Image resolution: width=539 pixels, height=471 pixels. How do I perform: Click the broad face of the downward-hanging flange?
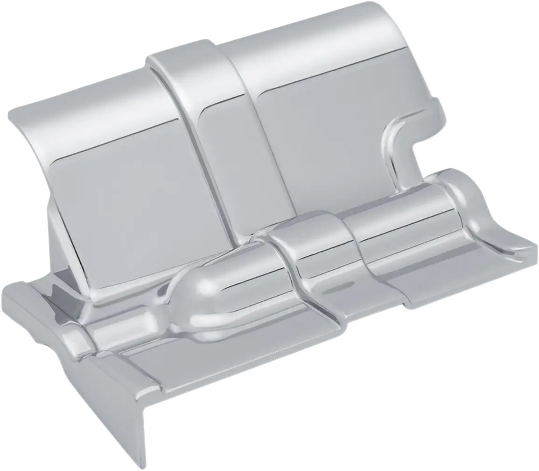pyautogui.click(x=112, y=402)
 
